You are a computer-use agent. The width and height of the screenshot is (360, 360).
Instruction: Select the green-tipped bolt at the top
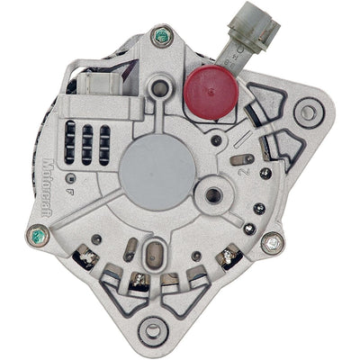[x=162, y=37]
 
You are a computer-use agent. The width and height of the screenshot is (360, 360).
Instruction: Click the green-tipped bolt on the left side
[x=38, y=238]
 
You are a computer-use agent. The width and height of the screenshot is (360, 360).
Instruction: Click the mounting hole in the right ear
[x=310, y=113]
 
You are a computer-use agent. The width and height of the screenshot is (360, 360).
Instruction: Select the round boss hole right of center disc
[x=214, y=193]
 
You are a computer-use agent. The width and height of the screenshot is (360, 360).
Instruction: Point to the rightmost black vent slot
[x=104, y=142]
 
